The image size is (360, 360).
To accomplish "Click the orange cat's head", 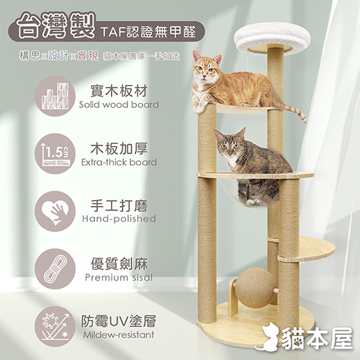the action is click(207, 66).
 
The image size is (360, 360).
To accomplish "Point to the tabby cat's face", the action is click(229, 145).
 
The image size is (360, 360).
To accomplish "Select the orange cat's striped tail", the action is click(291, 111).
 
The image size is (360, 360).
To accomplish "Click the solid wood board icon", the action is click(55, 96).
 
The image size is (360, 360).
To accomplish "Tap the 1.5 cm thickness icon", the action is click(55, 154).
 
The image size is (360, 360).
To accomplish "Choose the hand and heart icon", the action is click(55, 211).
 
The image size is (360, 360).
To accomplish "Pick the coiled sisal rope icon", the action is click(55, 269).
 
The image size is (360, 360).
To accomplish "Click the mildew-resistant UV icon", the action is click(55, 326).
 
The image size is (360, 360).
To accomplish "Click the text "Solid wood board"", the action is click(119, 104).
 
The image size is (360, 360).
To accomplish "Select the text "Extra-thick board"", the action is click(119, 162).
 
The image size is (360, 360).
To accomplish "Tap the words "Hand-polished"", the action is click(119, 219).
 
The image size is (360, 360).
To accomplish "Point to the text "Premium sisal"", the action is click(119, 277).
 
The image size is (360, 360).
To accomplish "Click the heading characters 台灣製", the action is click(56, 27).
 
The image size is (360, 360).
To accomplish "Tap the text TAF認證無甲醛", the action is click(148, 32).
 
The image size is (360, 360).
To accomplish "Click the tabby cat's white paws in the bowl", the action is click(254, 203).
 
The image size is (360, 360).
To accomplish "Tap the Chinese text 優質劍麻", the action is click(119, 264).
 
